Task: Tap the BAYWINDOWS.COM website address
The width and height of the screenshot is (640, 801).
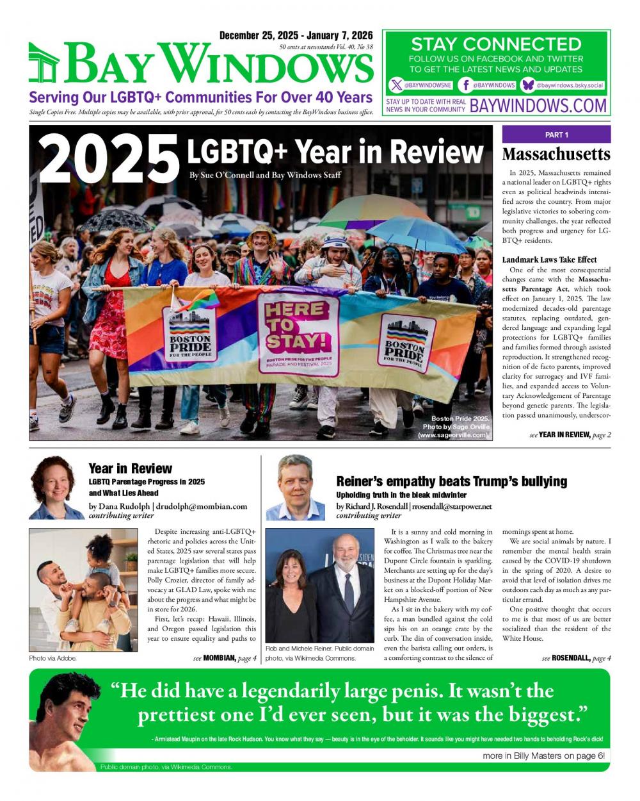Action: click(x=538, y=106)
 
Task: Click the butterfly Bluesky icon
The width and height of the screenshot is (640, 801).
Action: click(x=529, y=85)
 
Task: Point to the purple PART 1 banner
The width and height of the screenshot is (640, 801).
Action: click(x=556, y=135)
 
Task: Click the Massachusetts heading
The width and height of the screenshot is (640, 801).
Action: click(x=556, y=154)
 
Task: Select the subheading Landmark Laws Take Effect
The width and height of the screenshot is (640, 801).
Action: click(x=549, y=260)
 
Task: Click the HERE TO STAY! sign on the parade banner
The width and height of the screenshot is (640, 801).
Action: click(x=298, y=330)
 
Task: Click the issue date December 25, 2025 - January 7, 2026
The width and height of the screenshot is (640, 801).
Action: click(x=296, y=35)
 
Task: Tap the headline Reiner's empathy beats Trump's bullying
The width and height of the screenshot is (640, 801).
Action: click(x=451, y=481)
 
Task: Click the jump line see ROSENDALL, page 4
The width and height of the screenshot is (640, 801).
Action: click(x=576, y=658)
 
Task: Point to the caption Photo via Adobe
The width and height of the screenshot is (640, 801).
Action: click(x=52, y=658)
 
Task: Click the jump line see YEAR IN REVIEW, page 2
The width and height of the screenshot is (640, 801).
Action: click(x=570, y=435)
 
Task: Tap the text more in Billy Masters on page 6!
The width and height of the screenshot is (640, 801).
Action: click(x=543, y=756)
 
